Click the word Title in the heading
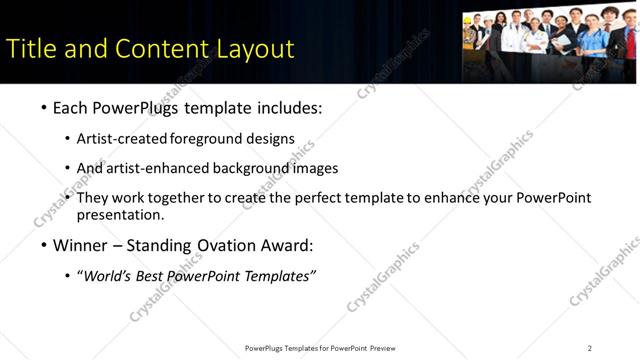tap(30, 49)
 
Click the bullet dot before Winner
tap(44, 246)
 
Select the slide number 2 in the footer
tap(590, 347)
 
